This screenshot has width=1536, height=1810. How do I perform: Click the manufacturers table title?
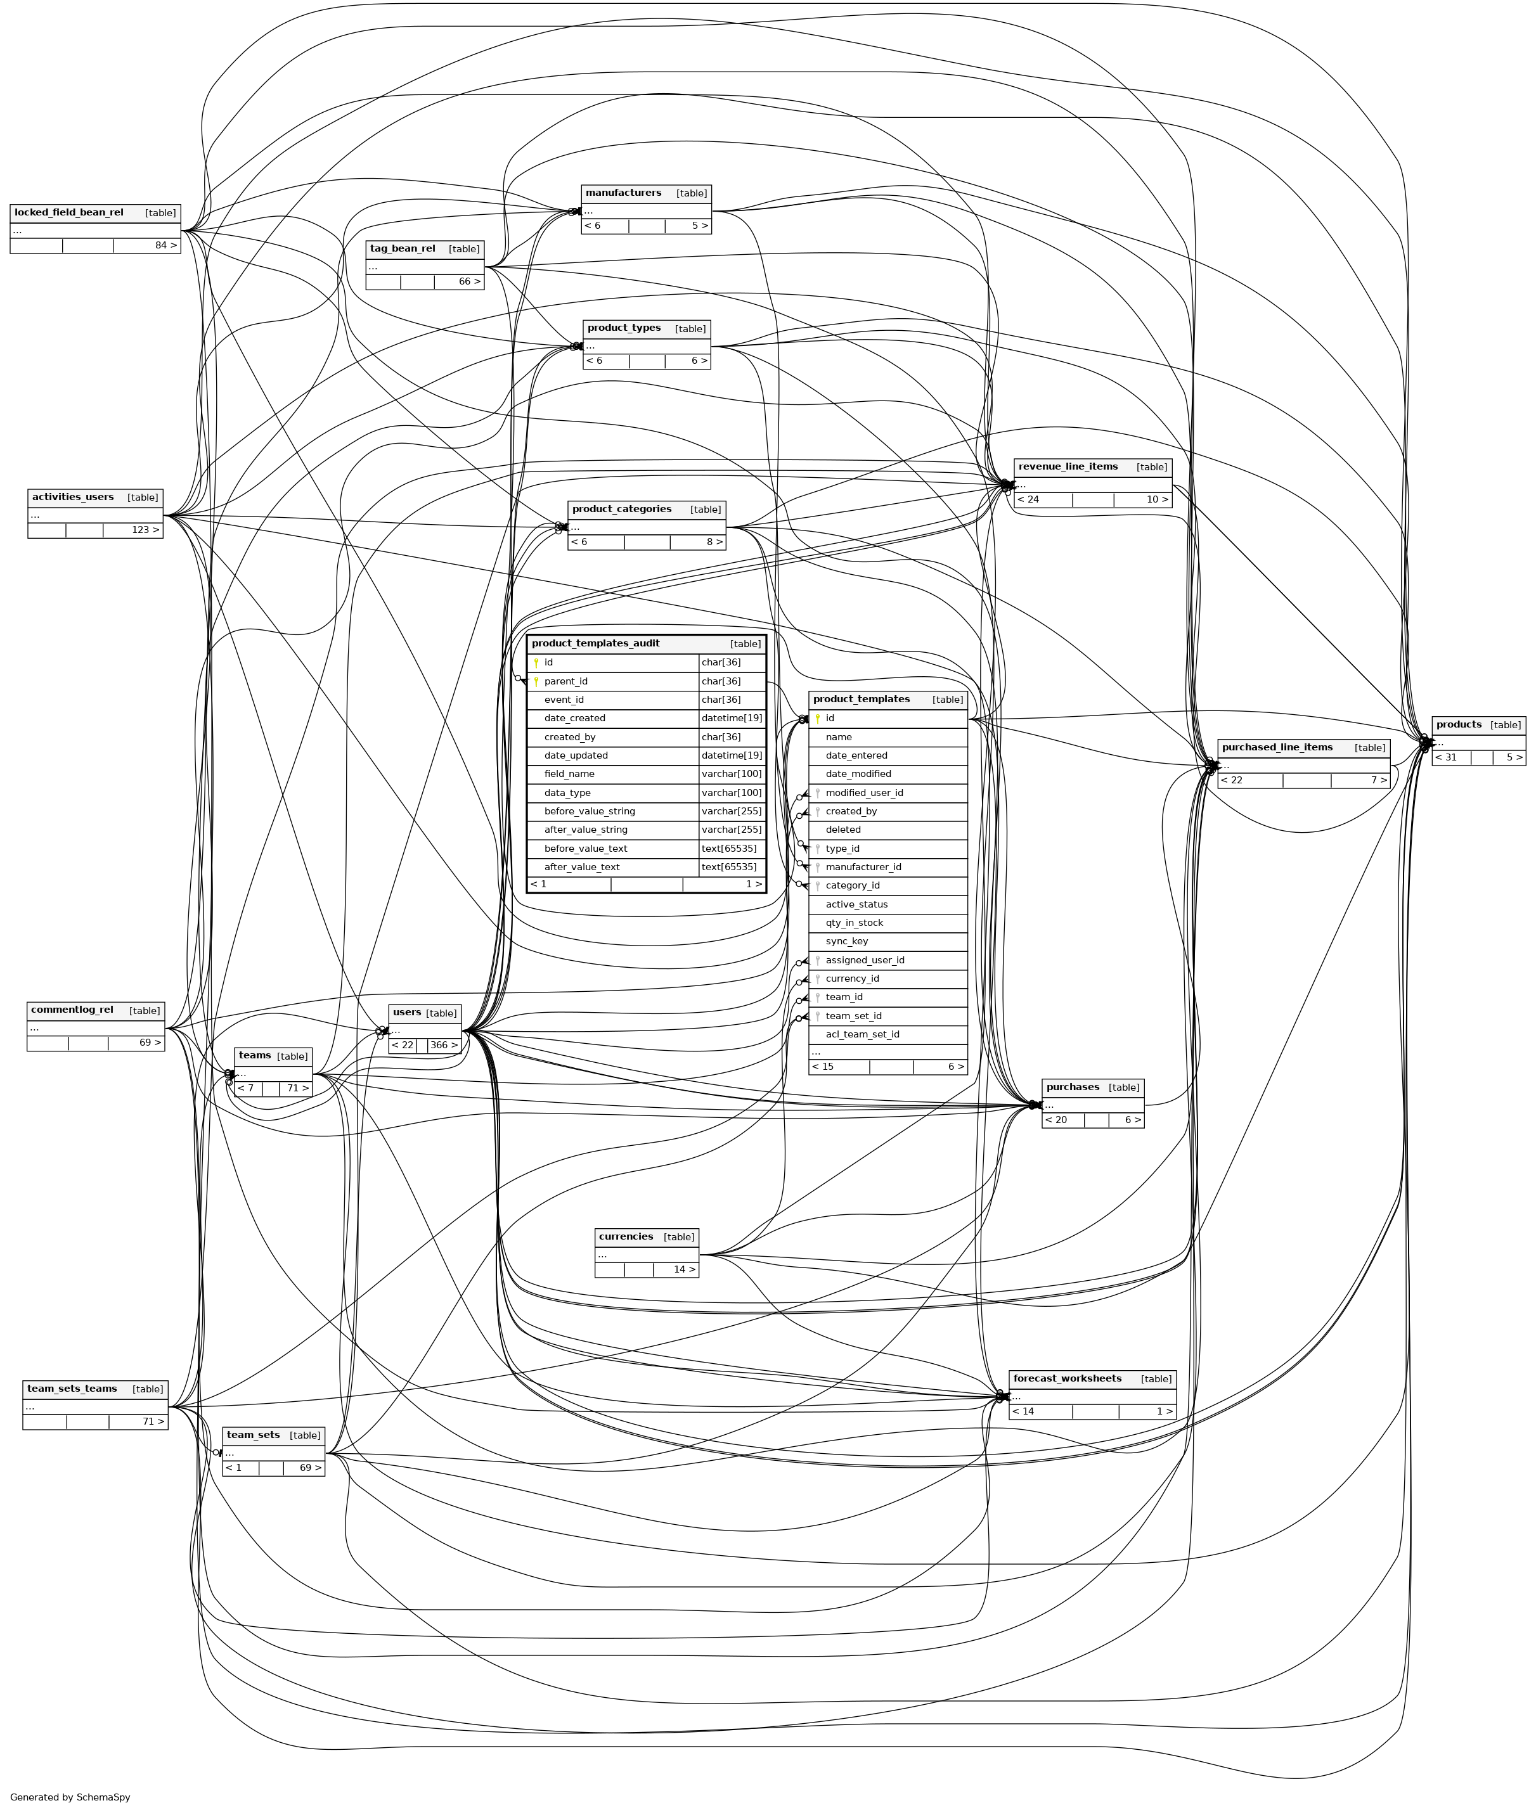(x=623, y=193)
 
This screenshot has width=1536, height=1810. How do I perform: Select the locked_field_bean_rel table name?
(x=69, y=212)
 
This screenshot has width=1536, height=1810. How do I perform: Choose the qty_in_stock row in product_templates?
(x=853, y=923)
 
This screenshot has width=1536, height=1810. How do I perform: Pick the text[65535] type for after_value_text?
(x=729, y=867)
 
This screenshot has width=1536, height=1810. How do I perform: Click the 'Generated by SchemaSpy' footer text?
(x=70, y=1797)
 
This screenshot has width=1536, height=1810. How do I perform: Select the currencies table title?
(x=625, y=1237)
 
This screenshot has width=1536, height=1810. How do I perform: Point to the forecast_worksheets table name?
(x=1067, y=1379)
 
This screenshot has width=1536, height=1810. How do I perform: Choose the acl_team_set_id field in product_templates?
(x=862, y=1034)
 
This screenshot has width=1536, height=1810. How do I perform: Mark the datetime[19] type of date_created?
(x=732, y=718)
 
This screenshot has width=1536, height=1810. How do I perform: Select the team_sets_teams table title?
(x=72, y=1389)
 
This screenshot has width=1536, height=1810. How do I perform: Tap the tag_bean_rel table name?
(x=403, y=249)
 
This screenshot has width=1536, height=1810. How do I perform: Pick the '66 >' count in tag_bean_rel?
(x=469, y=282)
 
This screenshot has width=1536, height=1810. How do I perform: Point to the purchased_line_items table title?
(x=1277, y=747)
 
